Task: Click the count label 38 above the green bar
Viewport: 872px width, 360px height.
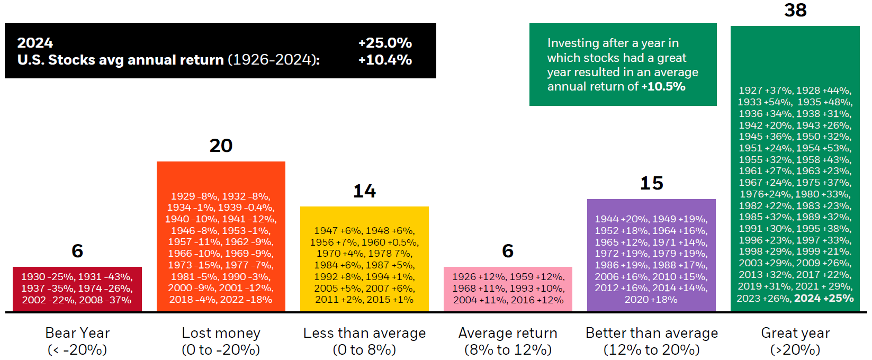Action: pos(795,10)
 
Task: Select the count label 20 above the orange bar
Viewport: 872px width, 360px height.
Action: pos(221,146)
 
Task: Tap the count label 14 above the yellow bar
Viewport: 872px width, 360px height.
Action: pos(364,191)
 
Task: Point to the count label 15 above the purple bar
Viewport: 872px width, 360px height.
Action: pos(652,183)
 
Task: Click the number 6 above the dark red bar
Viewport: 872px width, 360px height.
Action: pos(77,251)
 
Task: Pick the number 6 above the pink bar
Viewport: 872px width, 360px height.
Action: pos(508,251)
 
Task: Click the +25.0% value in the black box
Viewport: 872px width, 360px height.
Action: pos(385,43)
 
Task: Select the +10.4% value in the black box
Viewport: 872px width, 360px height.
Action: pos(385,60)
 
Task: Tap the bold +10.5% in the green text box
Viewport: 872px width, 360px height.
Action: pos(663,86)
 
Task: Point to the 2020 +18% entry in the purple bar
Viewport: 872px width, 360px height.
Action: pos(651,300)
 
